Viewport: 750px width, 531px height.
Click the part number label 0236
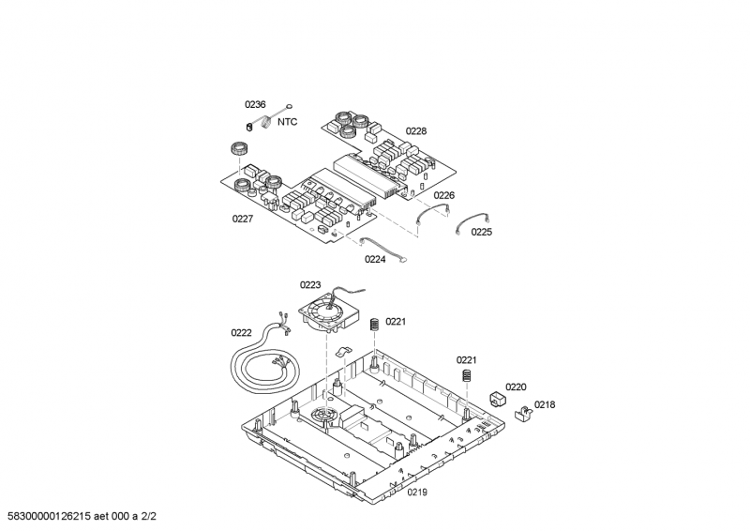255,105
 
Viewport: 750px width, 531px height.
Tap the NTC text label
288,122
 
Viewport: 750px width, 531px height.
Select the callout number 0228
415,131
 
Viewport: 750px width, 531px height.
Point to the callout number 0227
243,219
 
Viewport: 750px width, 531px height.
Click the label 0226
443,195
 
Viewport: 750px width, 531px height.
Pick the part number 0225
481,232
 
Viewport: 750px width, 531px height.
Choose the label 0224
374,260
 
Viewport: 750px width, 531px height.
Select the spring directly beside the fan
374,324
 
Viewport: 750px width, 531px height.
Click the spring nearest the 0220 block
465,377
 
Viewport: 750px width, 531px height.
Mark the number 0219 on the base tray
417,492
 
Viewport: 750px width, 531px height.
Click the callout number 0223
309,285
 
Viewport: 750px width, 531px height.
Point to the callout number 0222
241,332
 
